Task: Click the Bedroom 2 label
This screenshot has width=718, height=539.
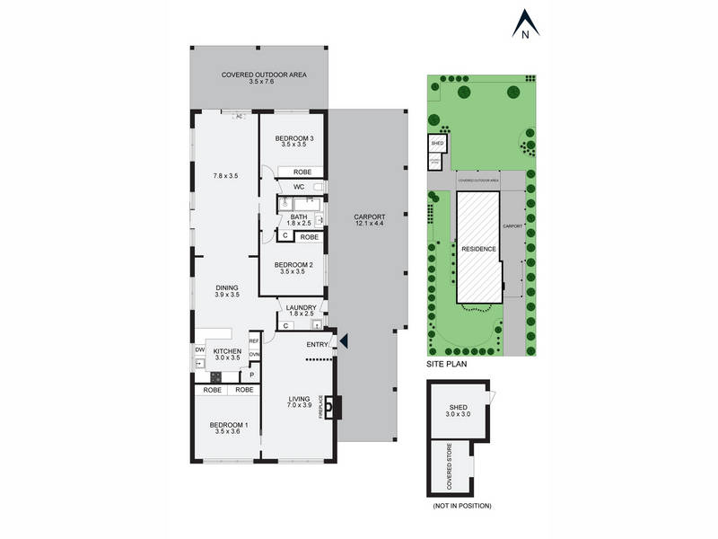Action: point(293,267)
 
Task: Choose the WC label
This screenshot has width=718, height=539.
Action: point(299,187)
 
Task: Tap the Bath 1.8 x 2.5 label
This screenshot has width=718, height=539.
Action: point(299,219)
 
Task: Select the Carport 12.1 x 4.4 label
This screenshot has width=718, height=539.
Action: point(370,220)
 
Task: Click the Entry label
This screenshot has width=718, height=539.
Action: point(318,344)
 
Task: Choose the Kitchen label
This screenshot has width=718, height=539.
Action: point(226,352)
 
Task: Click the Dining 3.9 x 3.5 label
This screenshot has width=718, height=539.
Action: point(226,291)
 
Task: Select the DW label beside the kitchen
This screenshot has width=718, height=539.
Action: point(199,349)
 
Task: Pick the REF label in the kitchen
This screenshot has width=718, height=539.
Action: point(254,340)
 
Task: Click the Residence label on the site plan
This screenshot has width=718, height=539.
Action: point(478,248)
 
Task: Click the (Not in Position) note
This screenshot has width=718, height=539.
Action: point(461,506)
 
